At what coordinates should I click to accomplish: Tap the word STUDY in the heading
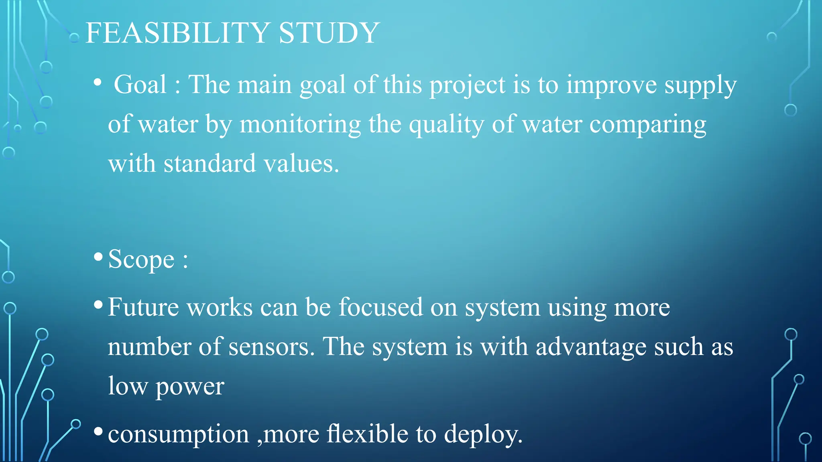coord(329,33)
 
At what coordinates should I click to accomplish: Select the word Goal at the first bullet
coord(140,85)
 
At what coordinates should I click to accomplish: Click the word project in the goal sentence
coord(467,85)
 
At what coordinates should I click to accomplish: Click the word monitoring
coord(300,124)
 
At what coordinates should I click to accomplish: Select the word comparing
coord(647,124)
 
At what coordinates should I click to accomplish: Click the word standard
coord(210,164)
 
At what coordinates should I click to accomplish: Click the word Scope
coord(141,259)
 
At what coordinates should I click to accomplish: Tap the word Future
coord(143,307)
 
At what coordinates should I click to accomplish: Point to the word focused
coord(380,307)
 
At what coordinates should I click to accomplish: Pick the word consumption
coord(179,434)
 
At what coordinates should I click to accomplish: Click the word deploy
coord(483,434)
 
